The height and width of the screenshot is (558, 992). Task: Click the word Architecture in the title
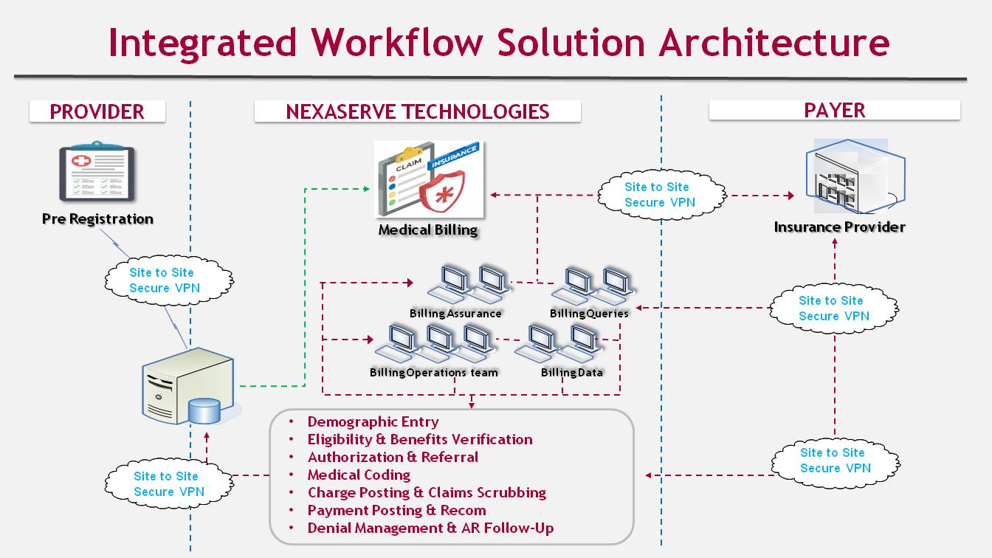coord(774,42)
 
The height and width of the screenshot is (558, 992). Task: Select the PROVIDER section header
coord(97,111)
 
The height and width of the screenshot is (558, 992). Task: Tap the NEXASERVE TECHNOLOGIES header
coord(417,111)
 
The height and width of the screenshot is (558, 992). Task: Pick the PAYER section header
coord(834,110)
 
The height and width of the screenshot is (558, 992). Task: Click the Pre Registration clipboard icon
coord(97,172)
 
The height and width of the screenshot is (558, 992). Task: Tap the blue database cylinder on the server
coord(204,410)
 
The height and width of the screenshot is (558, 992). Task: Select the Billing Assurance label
coord(455,313)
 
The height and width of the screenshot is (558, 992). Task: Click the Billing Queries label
coord(589,313)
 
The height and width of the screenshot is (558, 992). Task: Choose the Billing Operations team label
coord(434,373)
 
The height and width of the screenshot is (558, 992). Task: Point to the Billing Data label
coord(571,373)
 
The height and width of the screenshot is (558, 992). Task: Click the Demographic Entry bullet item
coord(373,422)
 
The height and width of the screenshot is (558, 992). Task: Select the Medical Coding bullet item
coord(359,475)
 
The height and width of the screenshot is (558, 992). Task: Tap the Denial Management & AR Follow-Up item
coord(430,528)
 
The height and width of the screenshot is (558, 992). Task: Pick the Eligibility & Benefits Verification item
coord(419,440)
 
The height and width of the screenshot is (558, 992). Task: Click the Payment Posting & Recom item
coord(396,510)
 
